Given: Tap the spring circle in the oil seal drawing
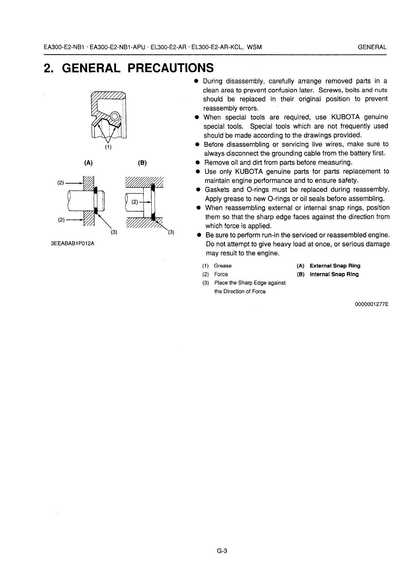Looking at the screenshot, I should click(114, 116).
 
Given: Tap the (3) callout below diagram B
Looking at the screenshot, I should click(171, 232).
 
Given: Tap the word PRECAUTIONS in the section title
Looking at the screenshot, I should click(170, 68).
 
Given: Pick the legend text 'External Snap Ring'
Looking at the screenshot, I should click(335, 266).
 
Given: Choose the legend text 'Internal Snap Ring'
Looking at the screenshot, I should click(334, 274).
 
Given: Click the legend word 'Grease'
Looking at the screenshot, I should click(223, 266).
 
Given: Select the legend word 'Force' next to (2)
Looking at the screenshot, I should click(221, 274).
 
